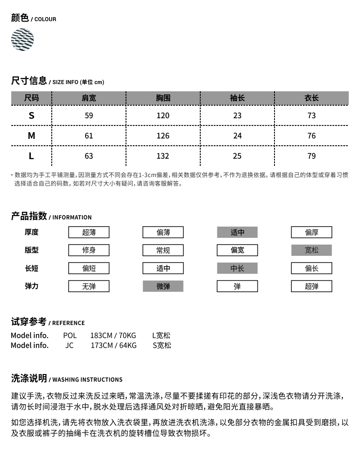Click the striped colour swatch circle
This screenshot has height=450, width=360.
pyautogui.click(x=22, y=40)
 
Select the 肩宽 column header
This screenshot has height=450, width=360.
pyautogui.click(x=89, y=98)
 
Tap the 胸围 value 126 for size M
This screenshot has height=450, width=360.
pyautogui.click(x=163, y=136)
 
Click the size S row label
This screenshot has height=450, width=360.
pyautogui.click(x=31, y=116)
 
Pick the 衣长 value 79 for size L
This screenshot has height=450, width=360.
pyautogui.click(x=311, y=156)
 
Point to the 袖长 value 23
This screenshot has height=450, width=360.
pyautogui.click(x=237, y=116)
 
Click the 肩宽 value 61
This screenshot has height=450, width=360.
pyautogui.click(x=89, y=136)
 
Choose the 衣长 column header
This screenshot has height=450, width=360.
pyautogui.click(x=311, y=98)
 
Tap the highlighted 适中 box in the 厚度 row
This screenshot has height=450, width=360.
pyautogui.click(x=237, y=232)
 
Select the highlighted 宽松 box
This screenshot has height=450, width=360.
pyautogui.click(x=311, y=250)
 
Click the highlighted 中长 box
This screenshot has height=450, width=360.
pyautogui.click(x=237, y=268)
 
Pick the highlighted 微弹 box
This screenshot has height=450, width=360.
pyautogui.click(x=163, y=286)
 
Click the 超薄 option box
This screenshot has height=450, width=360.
pyautogui.click(x=89, y=232)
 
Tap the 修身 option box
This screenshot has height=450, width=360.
pyautogui.click(x=89, y=250)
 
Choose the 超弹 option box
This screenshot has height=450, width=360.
pyautogui.click(x=311, y=286)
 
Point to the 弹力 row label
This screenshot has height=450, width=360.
pyautogui.click(x=31, y=286)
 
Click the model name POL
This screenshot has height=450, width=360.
pyautogui.click(x=70, y=336)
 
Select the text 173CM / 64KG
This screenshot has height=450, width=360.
pyautogui.click(x=113, y=346)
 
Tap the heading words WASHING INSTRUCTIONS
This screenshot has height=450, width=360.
pyautogui.click(x=87, y=380)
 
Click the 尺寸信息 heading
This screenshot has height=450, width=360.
pyautogui.click(x=29, y=81)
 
